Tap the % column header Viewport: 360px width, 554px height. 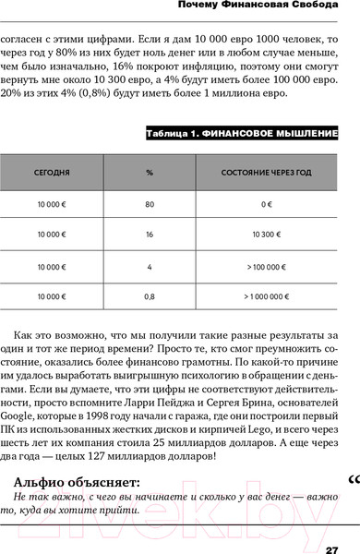[149, 173]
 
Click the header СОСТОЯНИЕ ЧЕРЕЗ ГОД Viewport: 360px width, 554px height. [265, 173]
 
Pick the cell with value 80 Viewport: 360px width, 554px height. [149, 204]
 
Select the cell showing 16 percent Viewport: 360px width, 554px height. [149, 235]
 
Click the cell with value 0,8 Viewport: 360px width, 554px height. [149, 297]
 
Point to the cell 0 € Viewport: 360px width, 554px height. [265, 204]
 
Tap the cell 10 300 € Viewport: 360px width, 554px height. [265, 235]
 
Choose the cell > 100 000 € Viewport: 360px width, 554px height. [265, 267]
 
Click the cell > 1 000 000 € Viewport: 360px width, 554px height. [265, 297]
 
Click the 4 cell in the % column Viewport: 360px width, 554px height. [149, 267]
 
